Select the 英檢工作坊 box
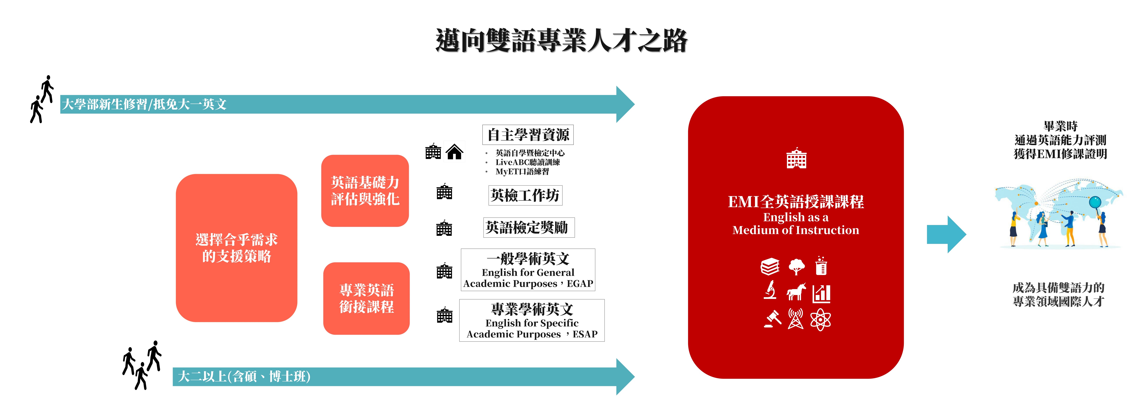[525, 195]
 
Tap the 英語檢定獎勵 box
[529, 228]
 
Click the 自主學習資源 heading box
[528, 135]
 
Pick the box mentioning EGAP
[528, 270]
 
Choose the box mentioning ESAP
[532, 320]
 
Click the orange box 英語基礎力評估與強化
[365, 191]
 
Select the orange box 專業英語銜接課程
[366, 298]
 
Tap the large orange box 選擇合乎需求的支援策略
[236, 248]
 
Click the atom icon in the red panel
[820, 319]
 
